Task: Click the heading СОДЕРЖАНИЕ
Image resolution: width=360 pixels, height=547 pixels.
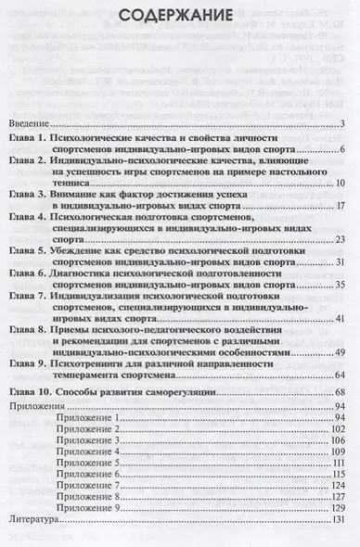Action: coord(179,16)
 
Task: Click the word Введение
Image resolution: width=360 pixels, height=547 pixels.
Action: coord(30,124)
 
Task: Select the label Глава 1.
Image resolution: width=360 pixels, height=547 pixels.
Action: coord(32,137)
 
